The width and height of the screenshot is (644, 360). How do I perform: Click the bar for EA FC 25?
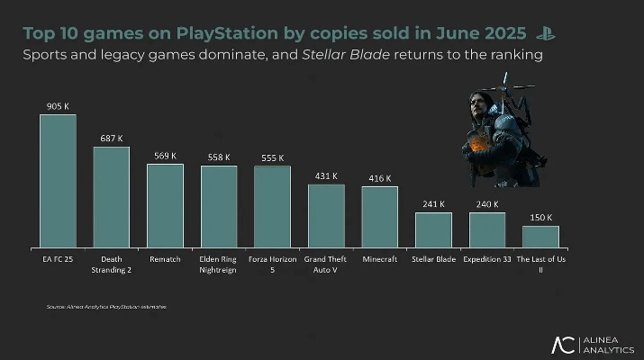(58, 180)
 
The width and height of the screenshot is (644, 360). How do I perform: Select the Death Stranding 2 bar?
(111, 196)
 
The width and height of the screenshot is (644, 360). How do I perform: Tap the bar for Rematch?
(165, 205)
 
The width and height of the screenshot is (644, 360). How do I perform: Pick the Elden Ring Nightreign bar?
(219, 206)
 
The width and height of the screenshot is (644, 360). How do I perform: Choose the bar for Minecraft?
(379, 217)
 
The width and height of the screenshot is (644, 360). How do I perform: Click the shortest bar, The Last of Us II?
(540, 237)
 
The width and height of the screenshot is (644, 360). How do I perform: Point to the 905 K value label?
(58, 105)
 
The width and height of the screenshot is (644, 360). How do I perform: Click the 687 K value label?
(111, 138)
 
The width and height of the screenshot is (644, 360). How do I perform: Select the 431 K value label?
(326, 176)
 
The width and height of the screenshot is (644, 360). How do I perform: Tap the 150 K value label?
(540, 218)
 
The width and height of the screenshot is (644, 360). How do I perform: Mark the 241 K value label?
(433, 204)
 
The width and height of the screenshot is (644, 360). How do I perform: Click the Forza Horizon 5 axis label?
(272, 264)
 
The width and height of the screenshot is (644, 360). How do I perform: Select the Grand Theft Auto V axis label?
(326, 264)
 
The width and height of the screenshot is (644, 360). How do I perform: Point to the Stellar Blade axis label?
(433, 259)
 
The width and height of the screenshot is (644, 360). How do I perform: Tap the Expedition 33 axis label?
(487, 259)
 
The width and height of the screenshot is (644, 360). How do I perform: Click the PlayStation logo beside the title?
(544, 34)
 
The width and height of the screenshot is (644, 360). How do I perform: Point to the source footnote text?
(106, 307)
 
